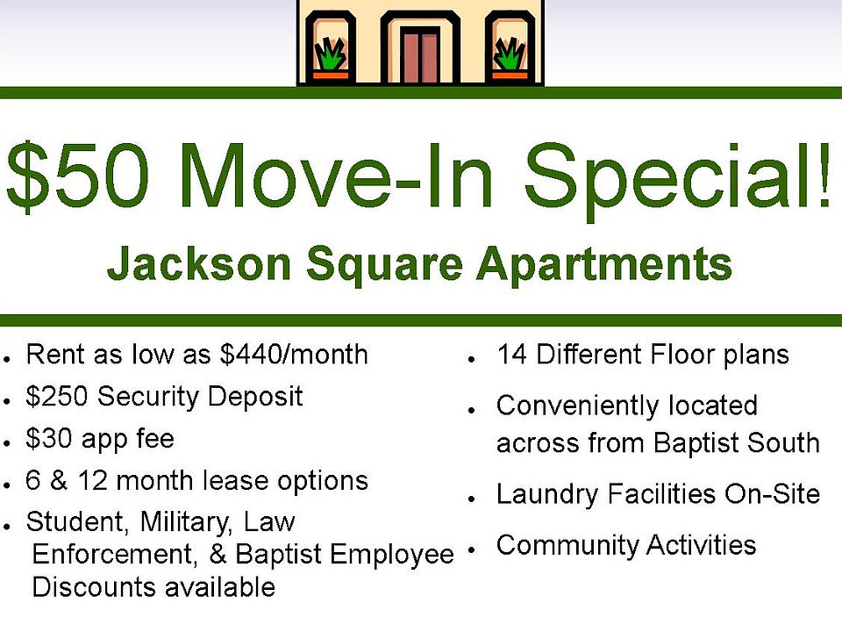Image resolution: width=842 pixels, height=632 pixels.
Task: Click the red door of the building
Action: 420,56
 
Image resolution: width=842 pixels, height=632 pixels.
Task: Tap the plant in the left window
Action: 331,54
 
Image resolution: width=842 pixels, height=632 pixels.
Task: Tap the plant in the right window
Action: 509,54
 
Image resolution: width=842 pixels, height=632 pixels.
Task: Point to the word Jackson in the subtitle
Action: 199,262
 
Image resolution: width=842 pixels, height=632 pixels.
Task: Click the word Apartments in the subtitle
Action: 604,264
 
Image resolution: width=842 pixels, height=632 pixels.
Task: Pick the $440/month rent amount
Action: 294,355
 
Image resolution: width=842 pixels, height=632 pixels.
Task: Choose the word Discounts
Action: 95,586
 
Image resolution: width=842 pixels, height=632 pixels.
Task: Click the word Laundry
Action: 546,494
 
